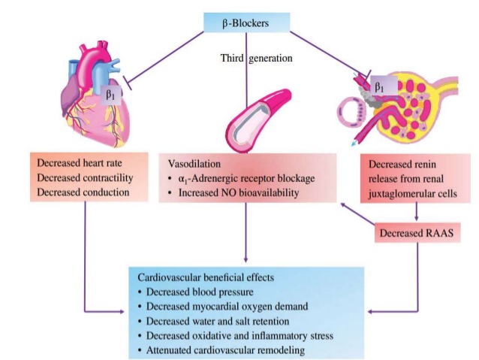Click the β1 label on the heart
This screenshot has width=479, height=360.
coord(112,95)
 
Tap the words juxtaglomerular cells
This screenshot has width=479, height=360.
coord(417,192)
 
